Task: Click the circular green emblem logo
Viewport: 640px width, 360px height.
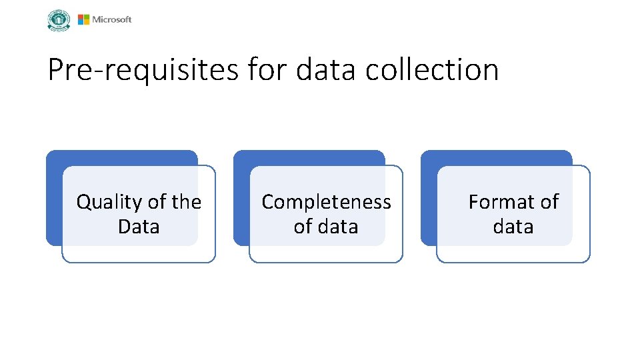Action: coord(59,20)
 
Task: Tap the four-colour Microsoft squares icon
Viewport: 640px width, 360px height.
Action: coord(83,20)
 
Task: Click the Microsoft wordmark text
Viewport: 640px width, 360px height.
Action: coord(112,20)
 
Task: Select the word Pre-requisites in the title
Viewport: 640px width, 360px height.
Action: coord(142,70)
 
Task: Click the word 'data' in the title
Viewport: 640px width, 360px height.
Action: coord(326,70)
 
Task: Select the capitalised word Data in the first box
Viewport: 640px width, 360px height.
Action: coord(139,227)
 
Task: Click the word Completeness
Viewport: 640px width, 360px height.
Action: coord(326,202)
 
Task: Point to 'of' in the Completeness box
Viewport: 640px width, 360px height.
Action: coord(302,227)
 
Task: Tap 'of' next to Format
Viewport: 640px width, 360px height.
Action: coord(549,202)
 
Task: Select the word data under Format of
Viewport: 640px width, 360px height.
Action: coord(513,227)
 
